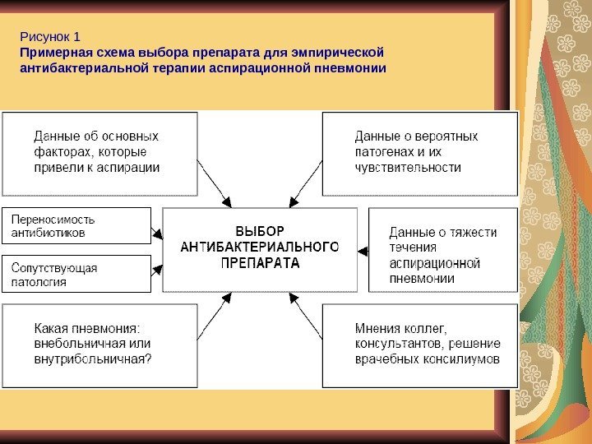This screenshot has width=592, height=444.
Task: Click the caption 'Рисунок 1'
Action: coord(49,37)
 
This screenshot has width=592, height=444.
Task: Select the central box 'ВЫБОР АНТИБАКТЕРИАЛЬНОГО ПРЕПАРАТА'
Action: coord(261,249)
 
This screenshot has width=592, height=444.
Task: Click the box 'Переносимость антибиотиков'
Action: coord(76,226)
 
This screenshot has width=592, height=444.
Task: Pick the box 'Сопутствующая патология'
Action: coord(76,274)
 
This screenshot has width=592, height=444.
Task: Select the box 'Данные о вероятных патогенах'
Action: coord(419,153)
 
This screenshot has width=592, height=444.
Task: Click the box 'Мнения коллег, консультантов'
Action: coord(419,345)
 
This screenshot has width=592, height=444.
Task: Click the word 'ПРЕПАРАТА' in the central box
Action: coord(261,264)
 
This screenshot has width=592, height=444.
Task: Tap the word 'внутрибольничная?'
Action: coord(93,359)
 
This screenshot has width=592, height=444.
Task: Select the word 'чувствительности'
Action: coord(408,167)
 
